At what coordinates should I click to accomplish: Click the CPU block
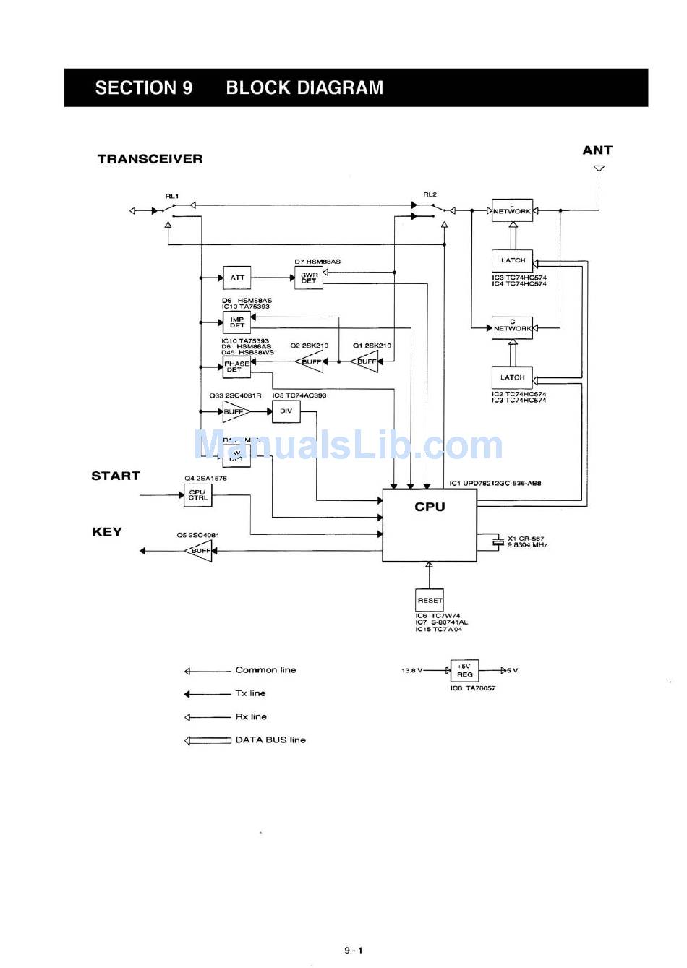point(430,525)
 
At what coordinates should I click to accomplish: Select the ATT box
point(237,278)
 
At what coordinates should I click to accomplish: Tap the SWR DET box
point(309,278)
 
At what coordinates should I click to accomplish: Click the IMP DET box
point(236,322)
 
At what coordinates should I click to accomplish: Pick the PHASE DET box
point(236,367)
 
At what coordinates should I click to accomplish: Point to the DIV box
point(286,411)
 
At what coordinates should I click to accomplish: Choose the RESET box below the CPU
point(430,600)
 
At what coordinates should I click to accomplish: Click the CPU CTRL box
point(197,495)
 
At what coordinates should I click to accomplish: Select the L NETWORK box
point(512,210)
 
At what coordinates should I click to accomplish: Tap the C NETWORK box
point(512,327)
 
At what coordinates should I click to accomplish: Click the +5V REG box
point(464,670)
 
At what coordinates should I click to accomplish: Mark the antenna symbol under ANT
point(599,169)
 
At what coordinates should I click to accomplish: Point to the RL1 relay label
point(172,196)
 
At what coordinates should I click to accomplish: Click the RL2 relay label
point(430,194)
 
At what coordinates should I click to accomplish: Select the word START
point(116,476)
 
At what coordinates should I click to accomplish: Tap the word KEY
point(107,532)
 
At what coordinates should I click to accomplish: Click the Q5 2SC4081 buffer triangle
point(199,551)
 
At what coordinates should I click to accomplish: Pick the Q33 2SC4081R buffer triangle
point(235,411)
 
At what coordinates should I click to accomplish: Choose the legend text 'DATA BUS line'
point(270,740)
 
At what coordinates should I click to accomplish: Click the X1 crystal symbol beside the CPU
point(497,542)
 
